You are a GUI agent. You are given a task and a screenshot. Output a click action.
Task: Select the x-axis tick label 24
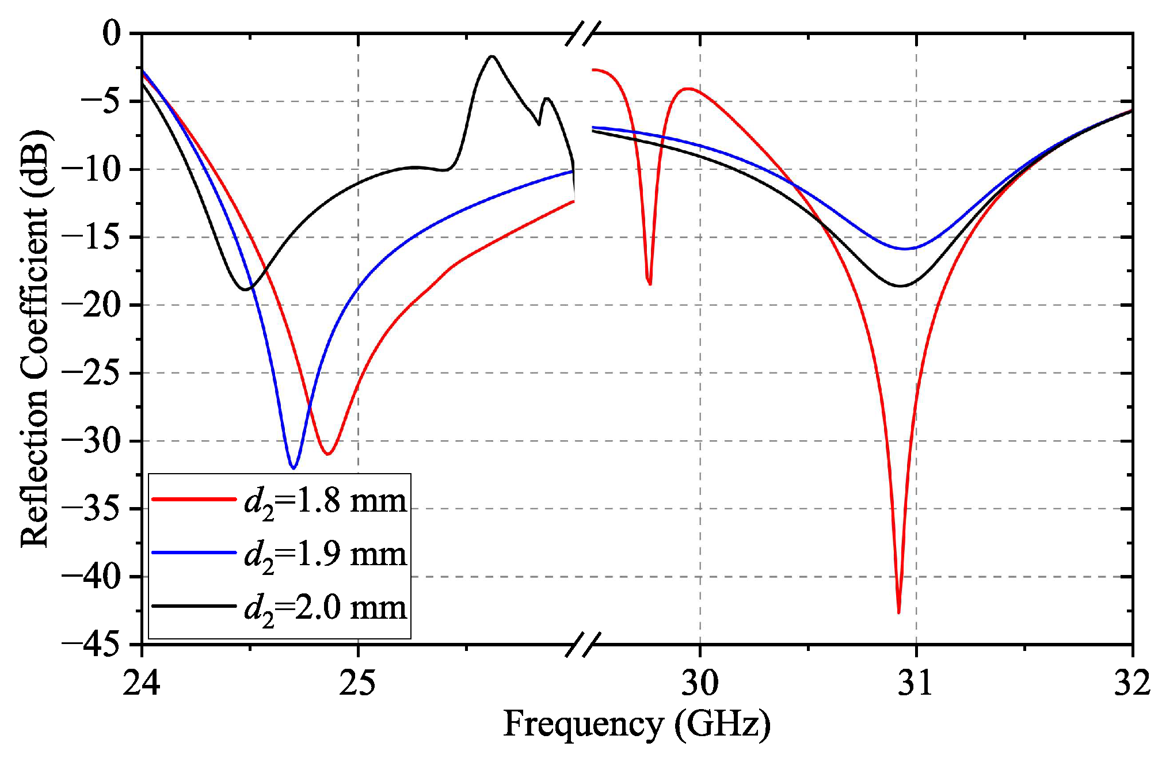point(141,683)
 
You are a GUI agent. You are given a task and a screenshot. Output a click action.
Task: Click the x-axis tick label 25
point(357,683)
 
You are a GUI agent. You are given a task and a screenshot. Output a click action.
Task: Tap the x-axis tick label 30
point(700,683)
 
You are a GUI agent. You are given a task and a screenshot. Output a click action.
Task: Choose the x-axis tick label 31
point(916,683)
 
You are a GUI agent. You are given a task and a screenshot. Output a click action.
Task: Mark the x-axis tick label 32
point(1132,683)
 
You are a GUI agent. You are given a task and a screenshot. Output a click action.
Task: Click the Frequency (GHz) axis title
point(637,723)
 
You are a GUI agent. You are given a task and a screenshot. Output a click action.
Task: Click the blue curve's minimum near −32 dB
point(294,468)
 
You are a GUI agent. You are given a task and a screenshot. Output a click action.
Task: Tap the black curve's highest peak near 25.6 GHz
point(492,56)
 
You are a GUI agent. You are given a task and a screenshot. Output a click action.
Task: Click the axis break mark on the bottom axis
point(583,645)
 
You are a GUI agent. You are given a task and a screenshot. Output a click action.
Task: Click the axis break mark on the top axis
point(583,33)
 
